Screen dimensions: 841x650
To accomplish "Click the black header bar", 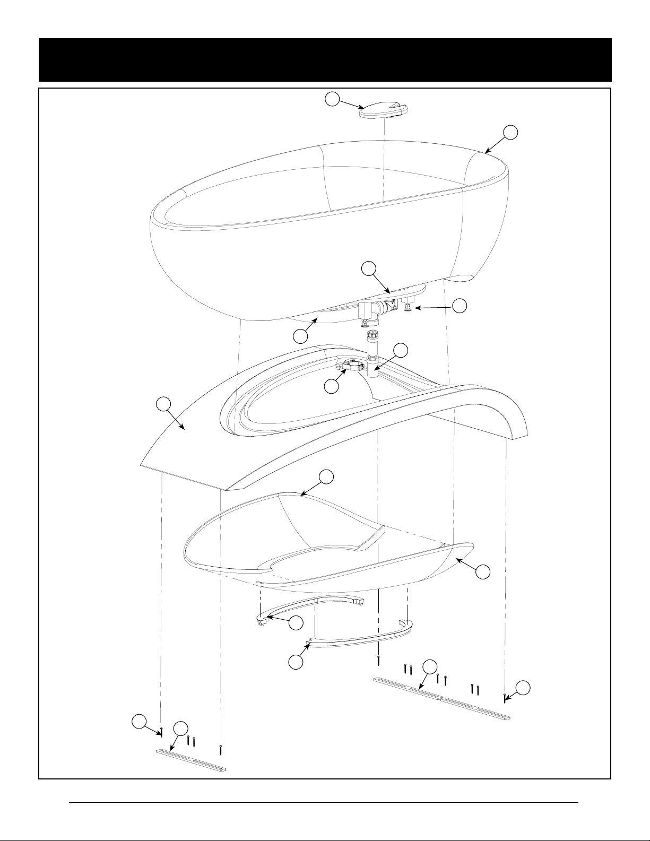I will point(325,59).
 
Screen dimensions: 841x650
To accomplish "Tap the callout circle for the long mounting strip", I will point(430,667).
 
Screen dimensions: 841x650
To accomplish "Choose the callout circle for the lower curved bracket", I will point(295,662).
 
